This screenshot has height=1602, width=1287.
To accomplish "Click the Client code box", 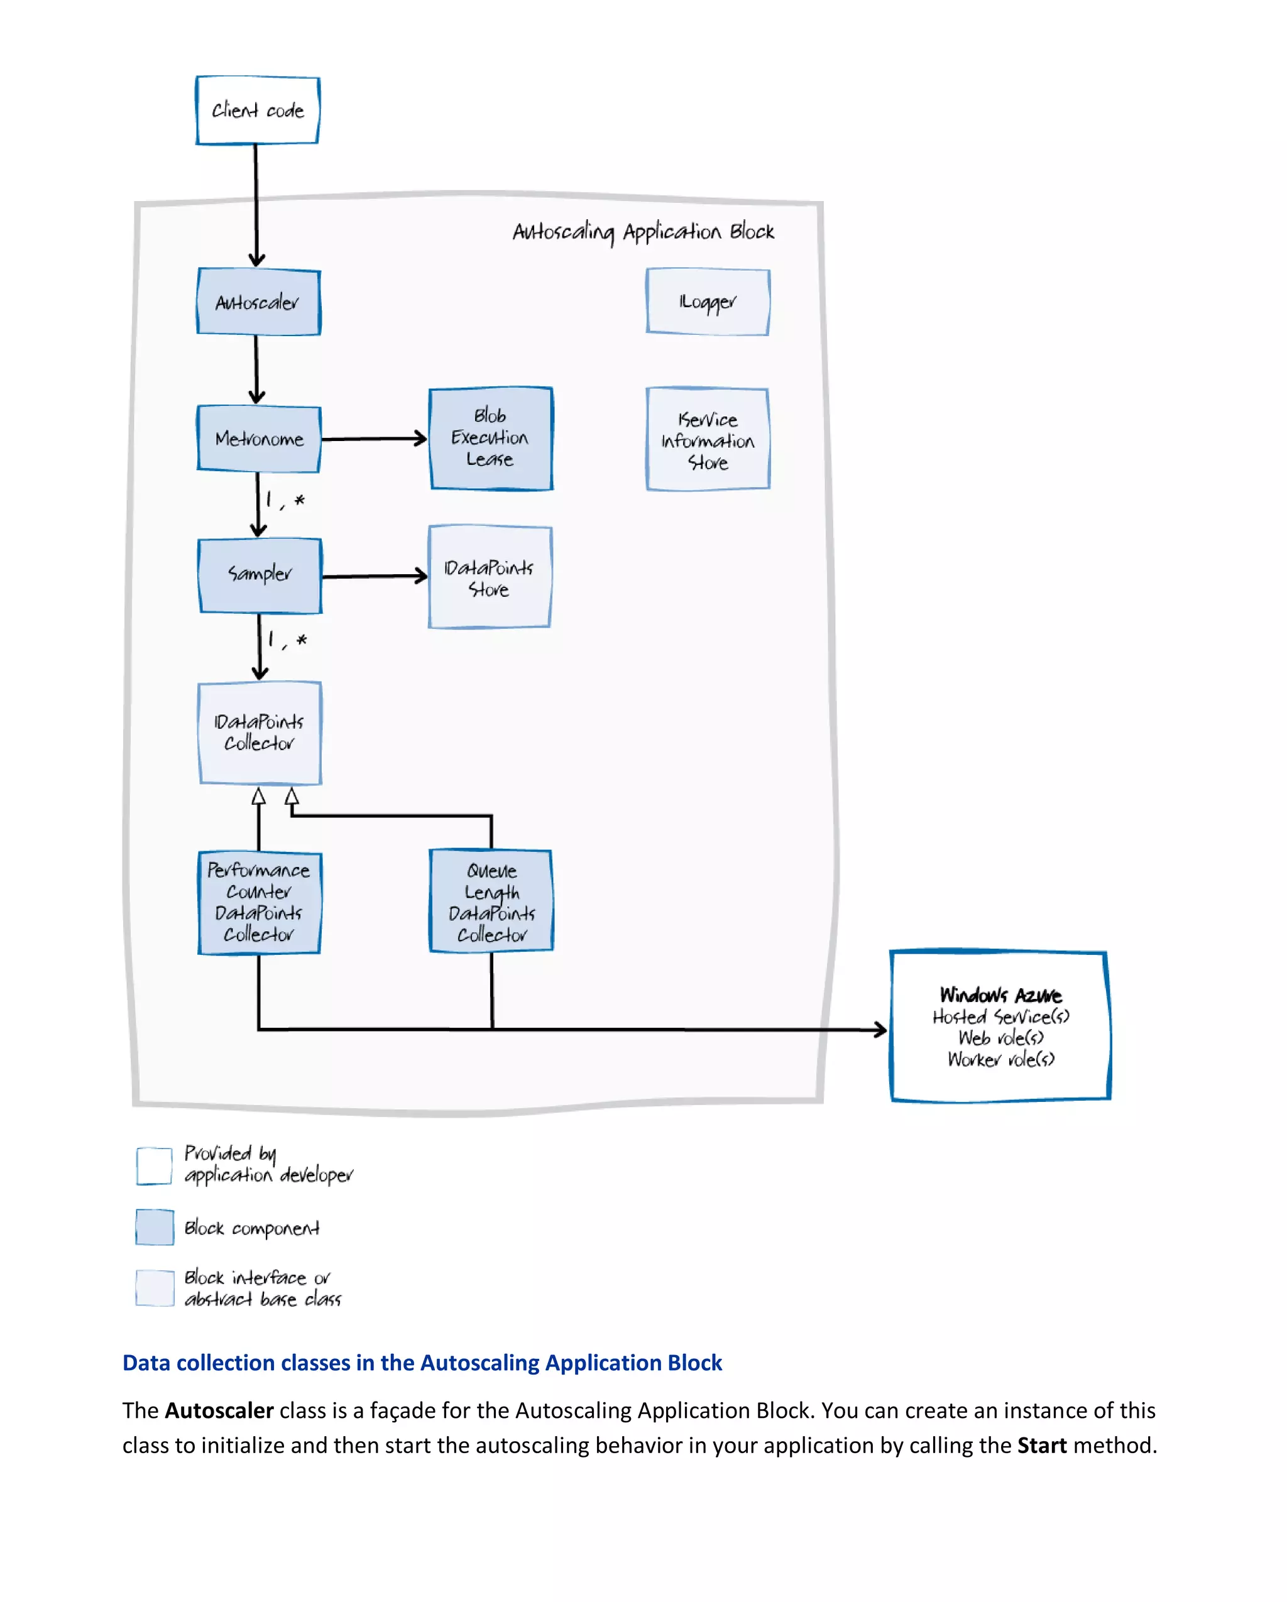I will point(257,110).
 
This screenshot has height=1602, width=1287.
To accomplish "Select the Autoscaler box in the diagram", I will point(258,302).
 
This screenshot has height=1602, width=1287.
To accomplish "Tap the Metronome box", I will point(258,439).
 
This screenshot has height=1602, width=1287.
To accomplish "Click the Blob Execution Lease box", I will point(490,438).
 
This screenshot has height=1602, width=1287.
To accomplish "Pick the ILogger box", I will point(708,302).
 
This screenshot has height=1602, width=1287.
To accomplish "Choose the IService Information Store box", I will point(708,439).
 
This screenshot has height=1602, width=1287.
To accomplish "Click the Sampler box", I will point(260,575).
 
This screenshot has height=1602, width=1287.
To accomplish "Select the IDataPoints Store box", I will point(489,577).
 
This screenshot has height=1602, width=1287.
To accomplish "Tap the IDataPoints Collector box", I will point(260,733).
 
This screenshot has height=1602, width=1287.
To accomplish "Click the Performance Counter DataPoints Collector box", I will point(258,902).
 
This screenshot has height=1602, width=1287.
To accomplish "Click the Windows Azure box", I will point(1000,1025).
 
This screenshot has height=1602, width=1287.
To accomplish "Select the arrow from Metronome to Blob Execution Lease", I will point(374,439).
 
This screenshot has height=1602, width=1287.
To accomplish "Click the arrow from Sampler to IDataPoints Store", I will point(374,576).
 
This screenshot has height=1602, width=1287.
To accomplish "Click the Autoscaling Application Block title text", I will point(643,232).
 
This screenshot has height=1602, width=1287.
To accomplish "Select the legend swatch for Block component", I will point(155,1227).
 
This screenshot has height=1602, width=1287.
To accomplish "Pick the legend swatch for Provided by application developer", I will point(155,1165).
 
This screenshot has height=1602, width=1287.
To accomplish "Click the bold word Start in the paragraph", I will point(1041,1445).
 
